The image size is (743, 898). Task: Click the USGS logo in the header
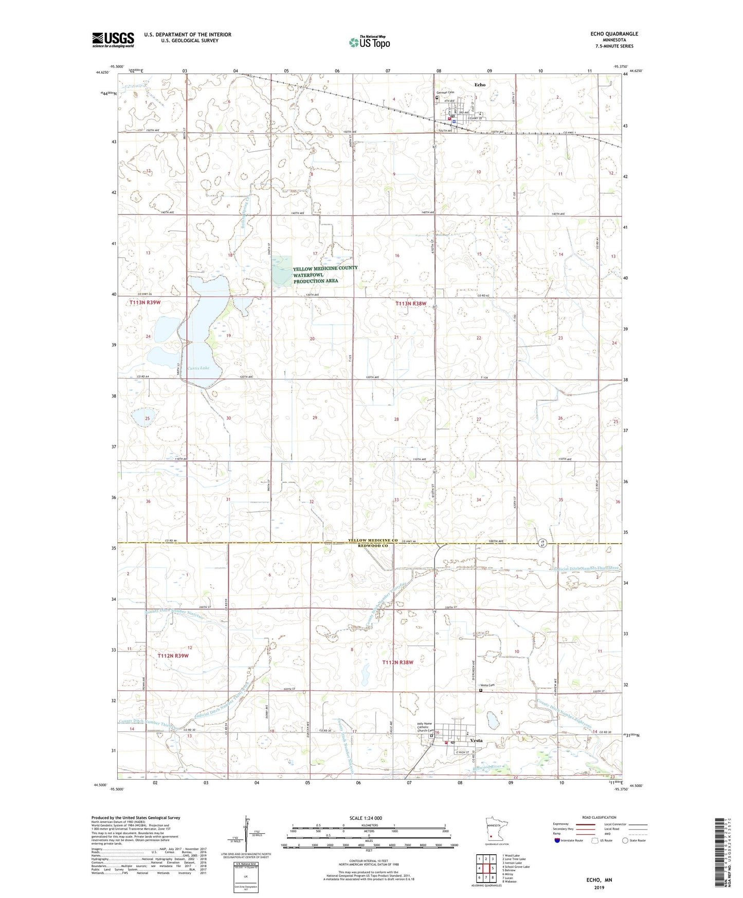tap(113, 40)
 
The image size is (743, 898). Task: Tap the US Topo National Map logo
tap(369, 42)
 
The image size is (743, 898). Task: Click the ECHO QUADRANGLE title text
tap(614, 34)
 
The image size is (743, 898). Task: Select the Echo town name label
tap(480, 84)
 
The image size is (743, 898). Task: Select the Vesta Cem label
tap(487, 685)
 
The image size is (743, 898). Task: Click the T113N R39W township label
tap(145, 303)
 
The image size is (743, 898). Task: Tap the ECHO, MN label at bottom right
tap(599, 880)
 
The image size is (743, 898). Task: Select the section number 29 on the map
tap(315, 418)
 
